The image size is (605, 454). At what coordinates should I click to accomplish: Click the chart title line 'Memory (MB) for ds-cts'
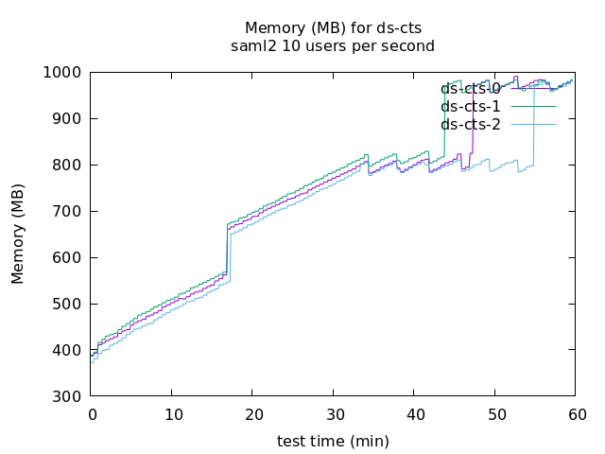tap(333, 27)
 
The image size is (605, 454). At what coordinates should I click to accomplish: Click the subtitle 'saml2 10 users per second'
tap(333, 45)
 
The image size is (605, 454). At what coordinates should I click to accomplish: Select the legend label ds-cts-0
tap(471, 89)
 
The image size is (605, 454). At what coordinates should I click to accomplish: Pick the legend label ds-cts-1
tap(471, 107)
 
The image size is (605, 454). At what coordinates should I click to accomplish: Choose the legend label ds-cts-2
tap(471, 125)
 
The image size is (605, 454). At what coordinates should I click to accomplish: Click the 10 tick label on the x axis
tap(172, 414)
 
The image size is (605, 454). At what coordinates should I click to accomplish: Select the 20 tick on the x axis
tap(253, 414)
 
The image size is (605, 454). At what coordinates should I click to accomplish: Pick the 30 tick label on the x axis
tap(334, 414)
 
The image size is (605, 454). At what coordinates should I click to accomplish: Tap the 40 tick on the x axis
tap(414, 414)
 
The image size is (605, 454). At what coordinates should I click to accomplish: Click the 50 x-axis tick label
tap(495, 414)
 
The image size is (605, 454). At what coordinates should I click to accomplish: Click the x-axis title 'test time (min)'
tap(333, 441)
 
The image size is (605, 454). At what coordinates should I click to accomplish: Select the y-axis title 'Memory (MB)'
tap(19, 235)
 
